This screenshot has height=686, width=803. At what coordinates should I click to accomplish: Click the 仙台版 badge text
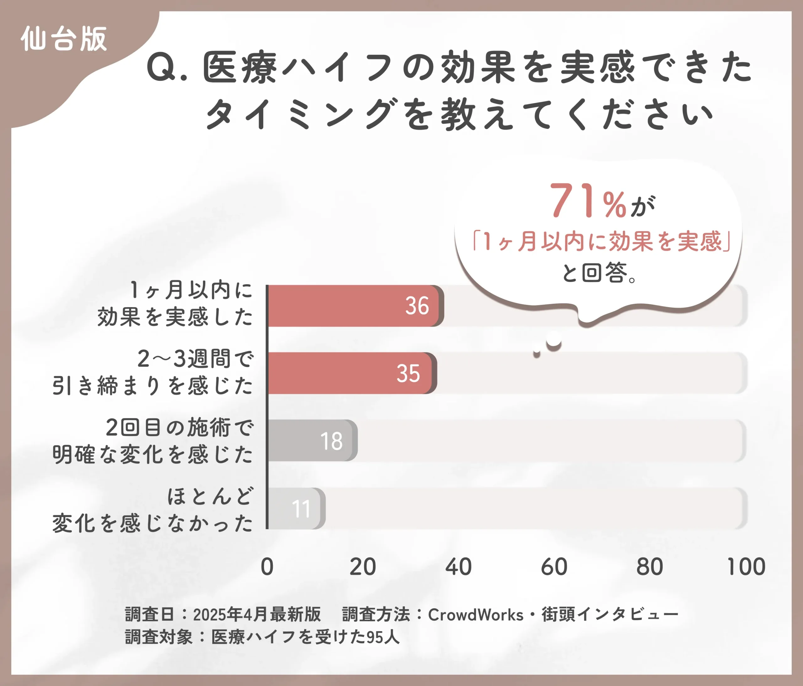64,39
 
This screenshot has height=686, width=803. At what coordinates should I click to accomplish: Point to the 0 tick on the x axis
267,567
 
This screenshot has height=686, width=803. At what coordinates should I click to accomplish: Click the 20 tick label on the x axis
362,567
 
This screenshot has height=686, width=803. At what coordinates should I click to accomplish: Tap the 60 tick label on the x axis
554,567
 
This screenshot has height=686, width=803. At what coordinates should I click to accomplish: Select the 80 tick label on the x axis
650,567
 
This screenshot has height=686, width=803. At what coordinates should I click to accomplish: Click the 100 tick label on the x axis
746,567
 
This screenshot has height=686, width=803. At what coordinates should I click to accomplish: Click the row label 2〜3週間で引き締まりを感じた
153,372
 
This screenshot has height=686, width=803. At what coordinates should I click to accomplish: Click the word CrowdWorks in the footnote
476,615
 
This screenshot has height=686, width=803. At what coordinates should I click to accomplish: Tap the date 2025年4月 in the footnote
231,615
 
